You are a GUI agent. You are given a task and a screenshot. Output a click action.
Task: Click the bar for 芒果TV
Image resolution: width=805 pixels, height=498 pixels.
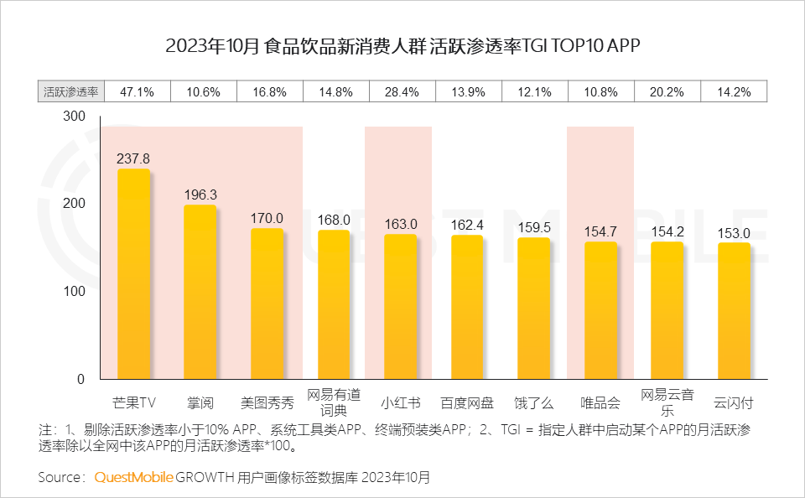[133, 274]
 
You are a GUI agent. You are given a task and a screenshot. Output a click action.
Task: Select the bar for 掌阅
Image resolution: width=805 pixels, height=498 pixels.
[200, 292]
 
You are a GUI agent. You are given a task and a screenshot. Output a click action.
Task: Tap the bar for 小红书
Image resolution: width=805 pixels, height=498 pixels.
[400, 306]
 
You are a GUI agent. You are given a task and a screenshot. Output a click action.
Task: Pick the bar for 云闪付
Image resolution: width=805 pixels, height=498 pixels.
[734, 310]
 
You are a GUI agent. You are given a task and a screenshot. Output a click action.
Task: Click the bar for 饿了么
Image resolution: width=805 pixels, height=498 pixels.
[533, 308]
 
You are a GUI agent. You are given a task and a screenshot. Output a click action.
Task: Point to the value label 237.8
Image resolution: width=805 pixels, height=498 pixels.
[133, 158]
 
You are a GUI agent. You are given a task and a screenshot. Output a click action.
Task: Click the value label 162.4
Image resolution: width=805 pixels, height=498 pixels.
[467, 225]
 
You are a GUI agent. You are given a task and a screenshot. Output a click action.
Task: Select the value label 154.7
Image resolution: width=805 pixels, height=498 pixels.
[600, 231]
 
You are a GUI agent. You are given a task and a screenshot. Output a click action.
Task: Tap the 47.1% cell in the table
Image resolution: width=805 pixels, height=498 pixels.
[138, 92]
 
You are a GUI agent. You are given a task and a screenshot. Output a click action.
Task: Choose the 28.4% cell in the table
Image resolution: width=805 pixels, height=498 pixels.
[401, 92]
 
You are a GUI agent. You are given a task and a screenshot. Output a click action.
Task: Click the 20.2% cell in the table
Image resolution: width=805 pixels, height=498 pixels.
[667, 92]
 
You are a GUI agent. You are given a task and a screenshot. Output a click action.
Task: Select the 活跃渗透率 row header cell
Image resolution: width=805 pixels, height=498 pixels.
[70, 92]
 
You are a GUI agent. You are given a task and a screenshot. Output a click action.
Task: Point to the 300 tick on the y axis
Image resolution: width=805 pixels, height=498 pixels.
[75, 117]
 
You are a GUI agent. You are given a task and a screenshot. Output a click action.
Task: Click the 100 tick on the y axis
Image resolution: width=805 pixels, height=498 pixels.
[75, 291]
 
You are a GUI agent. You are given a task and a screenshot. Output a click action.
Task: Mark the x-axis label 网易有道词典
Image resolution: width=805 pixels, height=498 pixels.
[334, 402]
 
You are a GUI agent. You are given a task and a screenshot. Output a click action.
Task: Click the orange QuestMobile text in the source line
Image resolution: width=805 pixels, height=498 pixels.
[133, 477]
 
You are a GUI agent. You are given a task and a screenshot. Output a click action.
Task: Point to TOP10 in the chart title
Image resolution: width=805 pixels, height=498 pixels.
[574, 45]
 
